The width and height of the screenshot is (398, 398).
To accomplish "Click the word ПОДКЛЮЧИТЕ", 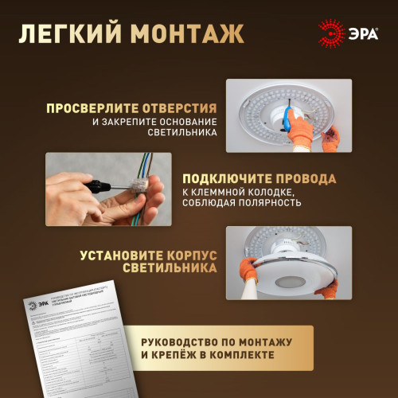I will point(231,178).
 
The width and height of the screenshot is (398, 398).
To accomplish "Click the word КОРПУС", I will point(191,256).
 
